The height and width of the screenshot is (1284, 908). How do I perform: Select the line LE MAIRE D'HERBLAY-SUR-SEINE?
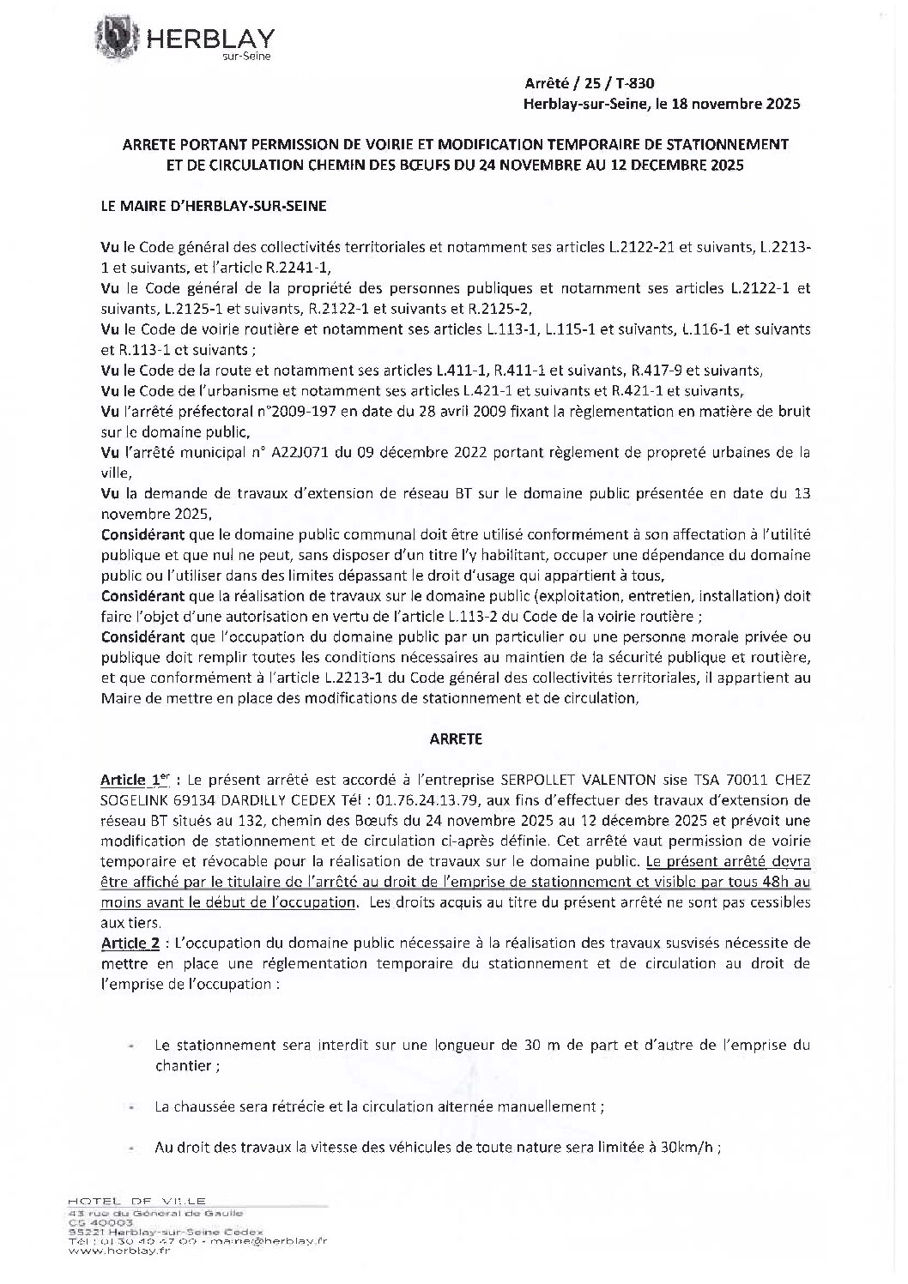click(x=214, y=207)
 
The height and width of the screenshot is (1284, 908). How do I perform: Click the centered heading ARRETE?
click(x=456, y=738)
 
